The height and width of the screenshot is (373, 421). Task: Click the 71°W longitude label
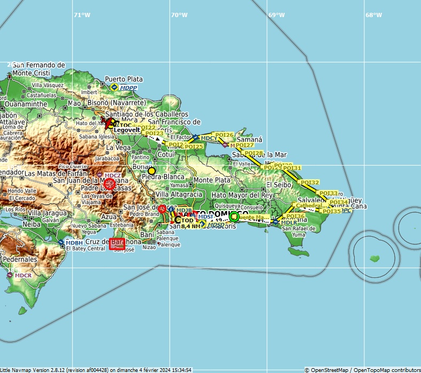coord(82,15)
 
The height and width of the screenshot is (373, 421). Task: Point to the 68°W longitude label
coord(373,15)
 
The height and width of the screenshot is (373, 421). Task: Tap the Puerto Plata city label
coord(124,79)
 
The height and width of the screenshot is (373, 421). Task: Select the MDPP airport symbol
coord(114,87)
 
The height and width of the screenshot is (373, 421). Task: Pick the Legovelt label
coord(127,130)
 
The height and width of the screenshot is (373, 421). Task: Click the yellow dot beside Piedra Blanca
coord(152,170)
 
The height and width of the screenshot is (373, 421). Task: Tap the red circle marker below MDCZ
coord(110,184)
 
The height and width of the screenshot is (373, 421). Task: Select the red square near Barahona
coord(117,244)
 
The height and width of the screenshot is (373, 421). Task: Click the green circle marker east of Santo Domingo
coord(233,216)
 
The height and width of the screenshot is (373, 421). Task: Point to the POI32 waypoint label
coord(310,183)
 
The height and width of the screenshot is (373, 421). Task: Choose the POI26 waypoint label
coord(223,135)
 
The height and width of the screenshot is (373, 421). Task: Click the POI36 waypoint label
coord(295,216)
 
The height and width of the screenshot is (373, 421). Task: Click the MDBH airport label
coord(74,243)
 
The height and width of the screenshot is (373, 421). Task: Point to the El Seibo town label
coord(279,184)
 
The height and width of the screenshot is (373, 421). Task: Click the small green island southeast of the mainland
coord(375,259)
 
